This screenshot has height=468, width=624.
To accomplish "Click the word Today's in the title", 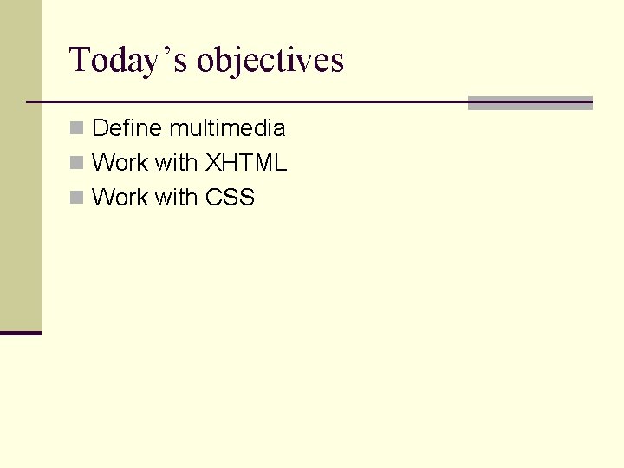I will click(x=129, y=61).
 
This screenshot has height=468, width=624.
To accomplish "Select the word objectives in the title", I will click(x=270, y=61).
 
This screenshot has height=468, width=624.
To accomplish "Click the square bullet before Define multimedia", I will click(x=76, y=128).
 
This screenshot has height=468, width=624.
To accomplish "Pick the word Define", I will click(x=127, y=128).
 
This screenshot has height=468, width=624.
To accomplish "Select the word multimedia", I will click(x=227, y=128).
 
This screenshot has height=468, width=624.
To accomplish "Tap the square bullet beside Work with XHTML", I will click(x=76, y=163).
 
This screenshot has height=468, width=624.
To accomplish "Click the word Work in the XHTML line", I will click(x=120, y=163).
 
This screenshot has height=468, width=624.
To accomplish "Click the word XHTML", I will click(x=245, y=163).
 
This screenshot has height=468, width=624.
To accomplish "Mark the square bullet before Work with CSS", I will click(x=76, y=198).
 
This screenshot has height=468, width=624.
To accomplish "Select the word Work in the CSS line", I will click(x=120, y=198).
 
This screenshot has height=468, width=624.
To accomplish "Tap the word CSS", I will click(x=230, y=198).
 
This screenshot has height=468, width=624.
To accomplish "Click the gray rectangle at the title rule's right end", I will click(x=530, y=103).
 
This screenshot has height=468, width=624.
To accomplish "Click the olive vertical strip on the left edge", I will click(x=20, y=165).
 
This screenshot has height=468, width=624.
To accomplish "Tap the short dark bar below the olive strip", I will click(x=20, y=333).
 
